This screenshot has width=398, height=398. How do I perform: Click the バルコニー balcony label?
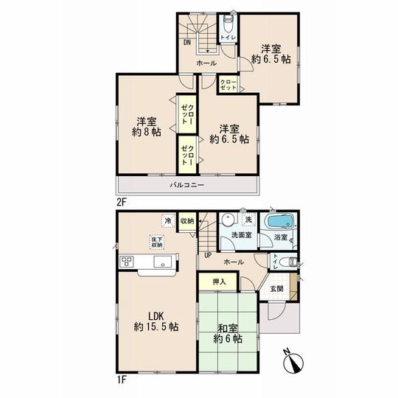pyautogui.click(x=188, y=184)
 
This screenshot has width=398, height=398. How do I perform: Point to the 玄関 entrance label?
pyautogui.click(x=276, y=288)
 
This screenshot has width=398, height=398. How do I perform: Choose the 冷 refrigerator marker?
pyautogui.click(x=168, y=220)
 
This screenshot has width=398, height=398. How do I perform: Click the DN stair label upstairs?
pyautogui.click(x=189, y=43)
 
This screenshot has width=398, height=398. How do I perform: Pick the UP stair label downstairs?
pyautogui.click(x=208, y=255)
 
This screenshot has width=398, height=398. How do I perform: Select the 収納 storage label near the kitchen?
pyautogui.click(x=186, y=220)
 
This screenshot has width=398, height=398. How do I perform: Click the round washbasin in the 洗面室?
pyautogui.click(x=228, y=220)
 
